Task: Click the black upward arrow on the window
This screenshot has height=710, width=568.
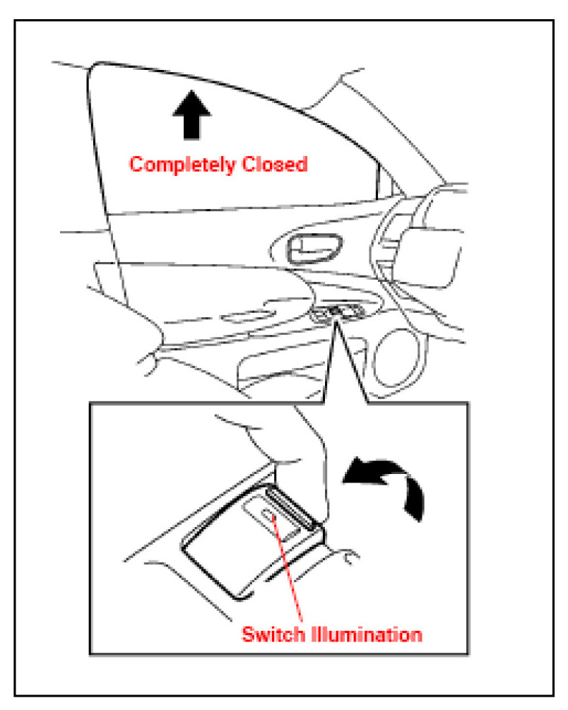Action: (192, 117)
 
